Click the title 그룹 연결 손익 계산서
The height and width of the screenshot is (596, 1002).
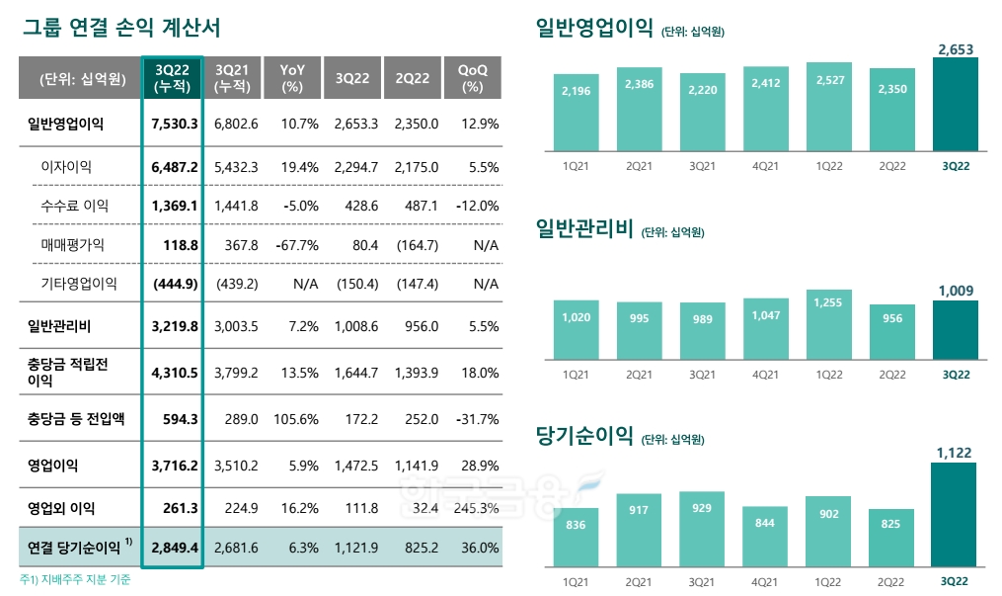click(x=121, y=27)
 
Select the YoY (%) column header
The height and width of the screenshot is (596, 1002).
click(x=292, y=78)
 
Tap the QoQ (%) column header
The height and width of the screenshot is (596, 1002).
click(x=473, y=78)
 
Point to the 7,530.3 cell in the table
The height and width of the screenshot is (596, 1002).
click(x=175, y=125)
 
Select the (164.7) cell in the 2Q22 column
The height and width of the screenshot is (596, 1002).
click(x=416, y=244)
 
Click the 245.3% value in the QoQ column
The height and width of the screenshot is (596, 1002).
click(x=473, y=508)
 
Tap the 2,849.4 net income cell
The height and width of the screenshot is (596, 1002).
click(x=175, y=546)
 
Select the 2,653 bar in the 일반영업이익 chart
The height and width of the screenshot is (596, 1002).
click(x=955, y=104)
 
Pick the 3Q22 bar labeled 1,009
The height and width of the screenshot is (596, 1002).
click(x=955, y=329)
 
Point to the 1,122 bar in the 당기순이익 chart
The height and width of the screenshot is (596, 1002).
click(x=955, y=514)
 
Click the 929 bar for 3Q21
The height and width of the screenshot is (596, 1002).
click(x=702, y=529)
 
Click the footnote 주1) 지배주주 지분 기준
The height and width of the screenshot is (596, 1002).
click(x=75, y=580)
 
